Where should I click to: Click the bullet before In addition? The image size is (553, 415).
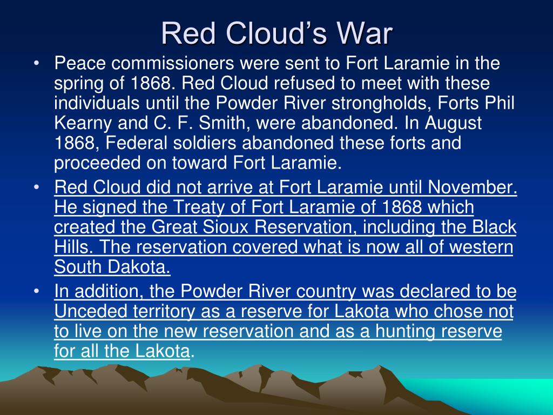coord(36,292)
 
